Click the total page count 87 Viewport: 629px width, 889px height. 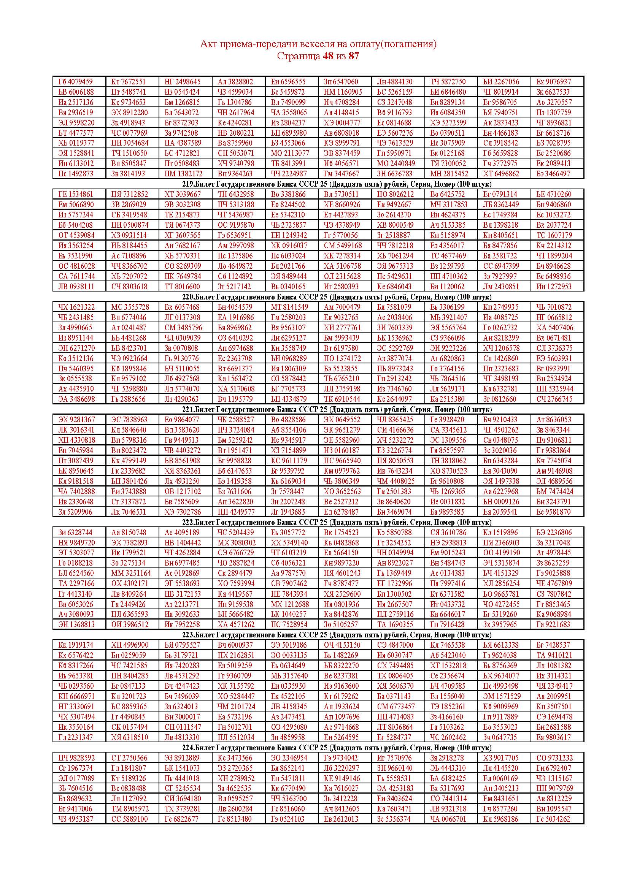[x=354, y=56]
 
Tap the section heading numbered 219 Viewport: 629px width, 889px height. [x=337, y=184]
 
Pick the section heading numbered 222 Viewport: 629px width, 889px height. [x=337, y=522]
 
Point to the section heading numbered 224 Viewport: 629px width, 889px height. [x=337, y=747]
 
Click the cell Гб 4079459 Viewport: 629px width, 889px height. [x=76, y=82]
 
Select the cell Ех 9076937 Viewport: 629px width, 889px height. [x=553, y=82]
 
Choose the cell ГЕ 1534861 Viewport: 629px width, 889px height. [x=76, y=194]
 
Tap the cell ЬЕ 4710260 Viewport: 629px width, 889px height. [x=553, y=194]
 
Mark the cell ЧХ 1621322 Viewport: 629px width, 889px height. [x=76, y=307]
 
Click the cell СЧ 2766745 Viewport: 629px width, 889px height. [x=554, y=399]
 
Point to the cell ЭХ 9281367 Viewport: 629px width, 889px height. [x=76, y=420]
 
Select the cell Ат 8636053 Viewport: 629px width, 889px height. [x=553, y=420]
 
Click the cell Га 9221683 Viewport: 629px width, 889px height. [x=553, y=624]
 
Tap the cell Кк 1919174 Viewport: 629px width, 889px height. [x=76, y=645]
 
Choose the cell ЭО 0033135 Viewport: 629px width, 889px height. [x=289, y=655]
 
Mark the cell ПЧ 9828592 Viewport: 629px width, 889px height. [x=76, y=758]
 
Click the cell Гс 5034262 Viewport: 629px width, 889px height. [x=553, y=819]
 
